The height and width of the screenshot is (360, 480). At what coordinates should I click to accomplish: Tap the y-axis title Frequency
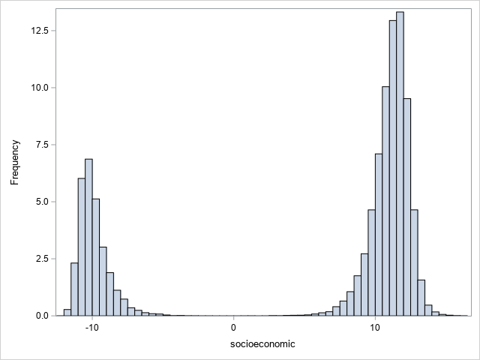(14, 161)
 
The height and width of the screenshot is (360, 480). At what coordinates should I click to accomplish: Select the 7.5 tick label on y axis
(40, 145)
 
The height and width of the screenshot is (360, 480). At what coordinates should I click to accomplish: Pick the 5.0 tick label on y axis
(40, 202)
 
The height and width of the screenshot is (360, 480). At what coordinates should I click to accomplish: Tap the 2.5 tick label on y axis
(40, 259)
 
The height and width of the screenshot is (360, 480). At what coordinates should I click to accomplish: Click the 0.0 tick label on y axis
(40, 316)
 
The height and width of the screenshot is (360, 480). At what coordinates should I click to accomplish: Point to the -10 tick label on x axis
(91, 327)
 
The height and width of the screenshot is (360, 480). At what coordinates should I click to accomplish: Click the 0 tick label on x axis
(233, 327)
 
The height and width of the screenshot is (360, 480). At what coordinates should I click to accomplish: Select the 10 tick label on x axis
(375, 327)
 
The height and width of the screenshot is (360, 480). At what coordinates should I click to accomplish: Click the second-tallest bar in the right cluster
(393, 168)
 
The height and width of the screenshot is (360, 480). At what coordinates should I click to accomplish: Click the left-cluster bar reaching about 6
(82, 247)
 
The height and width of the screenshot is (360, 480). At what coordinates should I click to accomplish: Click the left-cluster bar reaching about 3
(103, 281)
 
